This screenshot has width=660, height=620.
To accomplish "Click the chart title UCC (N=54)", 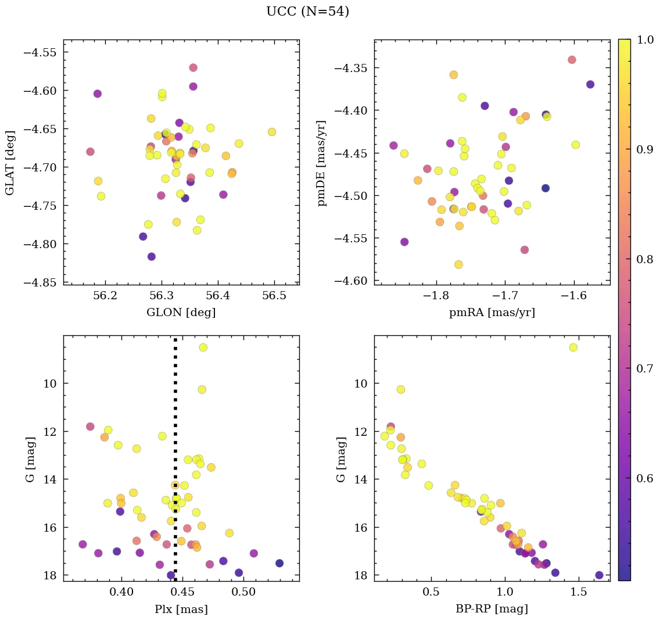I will coord(307,12).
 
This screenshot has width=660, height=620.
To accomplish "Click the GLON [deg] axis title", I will coord(181,313).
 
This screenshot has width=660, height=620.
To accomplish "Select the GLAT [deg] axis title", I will coord(10,162).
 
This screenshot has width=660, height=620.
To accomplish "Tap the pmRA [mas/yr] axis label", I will coord(492,313).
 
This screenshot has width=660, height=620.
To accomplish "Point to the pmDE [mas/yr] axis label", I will coord(321,163).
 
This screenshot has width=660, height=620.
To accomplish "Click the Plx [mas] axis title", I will coord(181,609).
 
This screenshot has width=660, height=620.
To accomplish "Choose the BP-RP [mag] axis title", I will coord(492,609).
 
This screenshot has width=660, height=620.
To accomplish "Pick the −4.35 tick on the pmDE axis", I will coord(351,68).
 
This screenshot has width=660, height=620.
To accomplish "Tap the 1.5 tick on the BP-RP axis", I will coord(579,592).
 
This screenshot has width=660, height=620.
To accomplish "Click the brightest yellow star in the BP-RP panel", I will coord(573,347).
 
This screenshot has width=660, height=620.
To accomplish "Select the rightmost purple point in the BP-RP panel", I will coord(599,575).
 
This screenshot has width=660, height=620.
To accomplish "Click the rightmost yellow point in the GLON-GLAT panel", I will coord(272,132).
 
